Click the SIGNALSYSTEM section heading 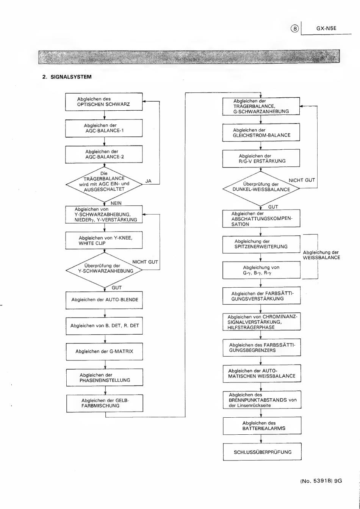pos(67,77)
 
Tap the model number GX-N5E pos(326,28)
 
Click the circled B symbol pos(295,29)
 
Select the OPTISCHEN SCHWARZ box pos(104,102)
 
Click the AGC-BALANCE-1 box pos(104,128)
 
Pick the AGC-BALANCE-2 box pos(104,154)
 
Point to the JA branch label pos(148,181)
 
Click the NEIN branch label pos(116,203)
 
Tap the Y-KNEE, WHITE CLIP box pos(104,240)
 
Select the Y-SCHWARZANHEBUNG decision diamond pos(104,270)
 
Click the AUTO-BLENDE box pos(104,300)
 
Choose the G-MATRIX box pos(105,352)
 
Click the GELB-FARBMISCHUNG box pos(105,403)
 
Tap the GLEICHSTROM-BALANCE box pos(261,133)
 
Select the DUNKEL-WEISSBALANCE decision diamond pos(261,189)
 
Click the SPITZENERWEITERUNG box pos(261,244)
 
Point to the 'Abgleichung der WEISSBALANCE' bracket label pos(321,255)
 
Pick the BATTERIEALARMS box pos(262,426)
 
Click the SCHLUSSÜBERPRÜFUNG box pos(262,452)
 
